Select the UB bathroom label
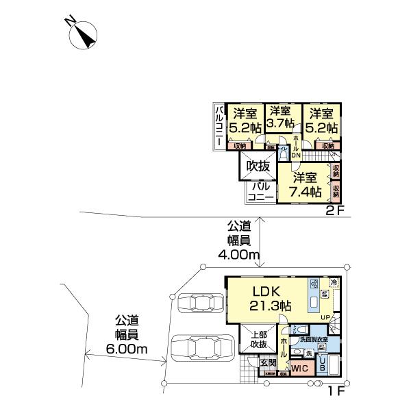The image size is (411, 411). pos(323,364)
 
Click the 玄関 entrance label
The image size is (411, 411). pos(268,362)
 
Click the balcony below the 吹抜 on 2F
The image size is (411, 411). pos(261,191)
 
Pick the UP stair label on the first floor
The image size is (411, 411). pos(326,317)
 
